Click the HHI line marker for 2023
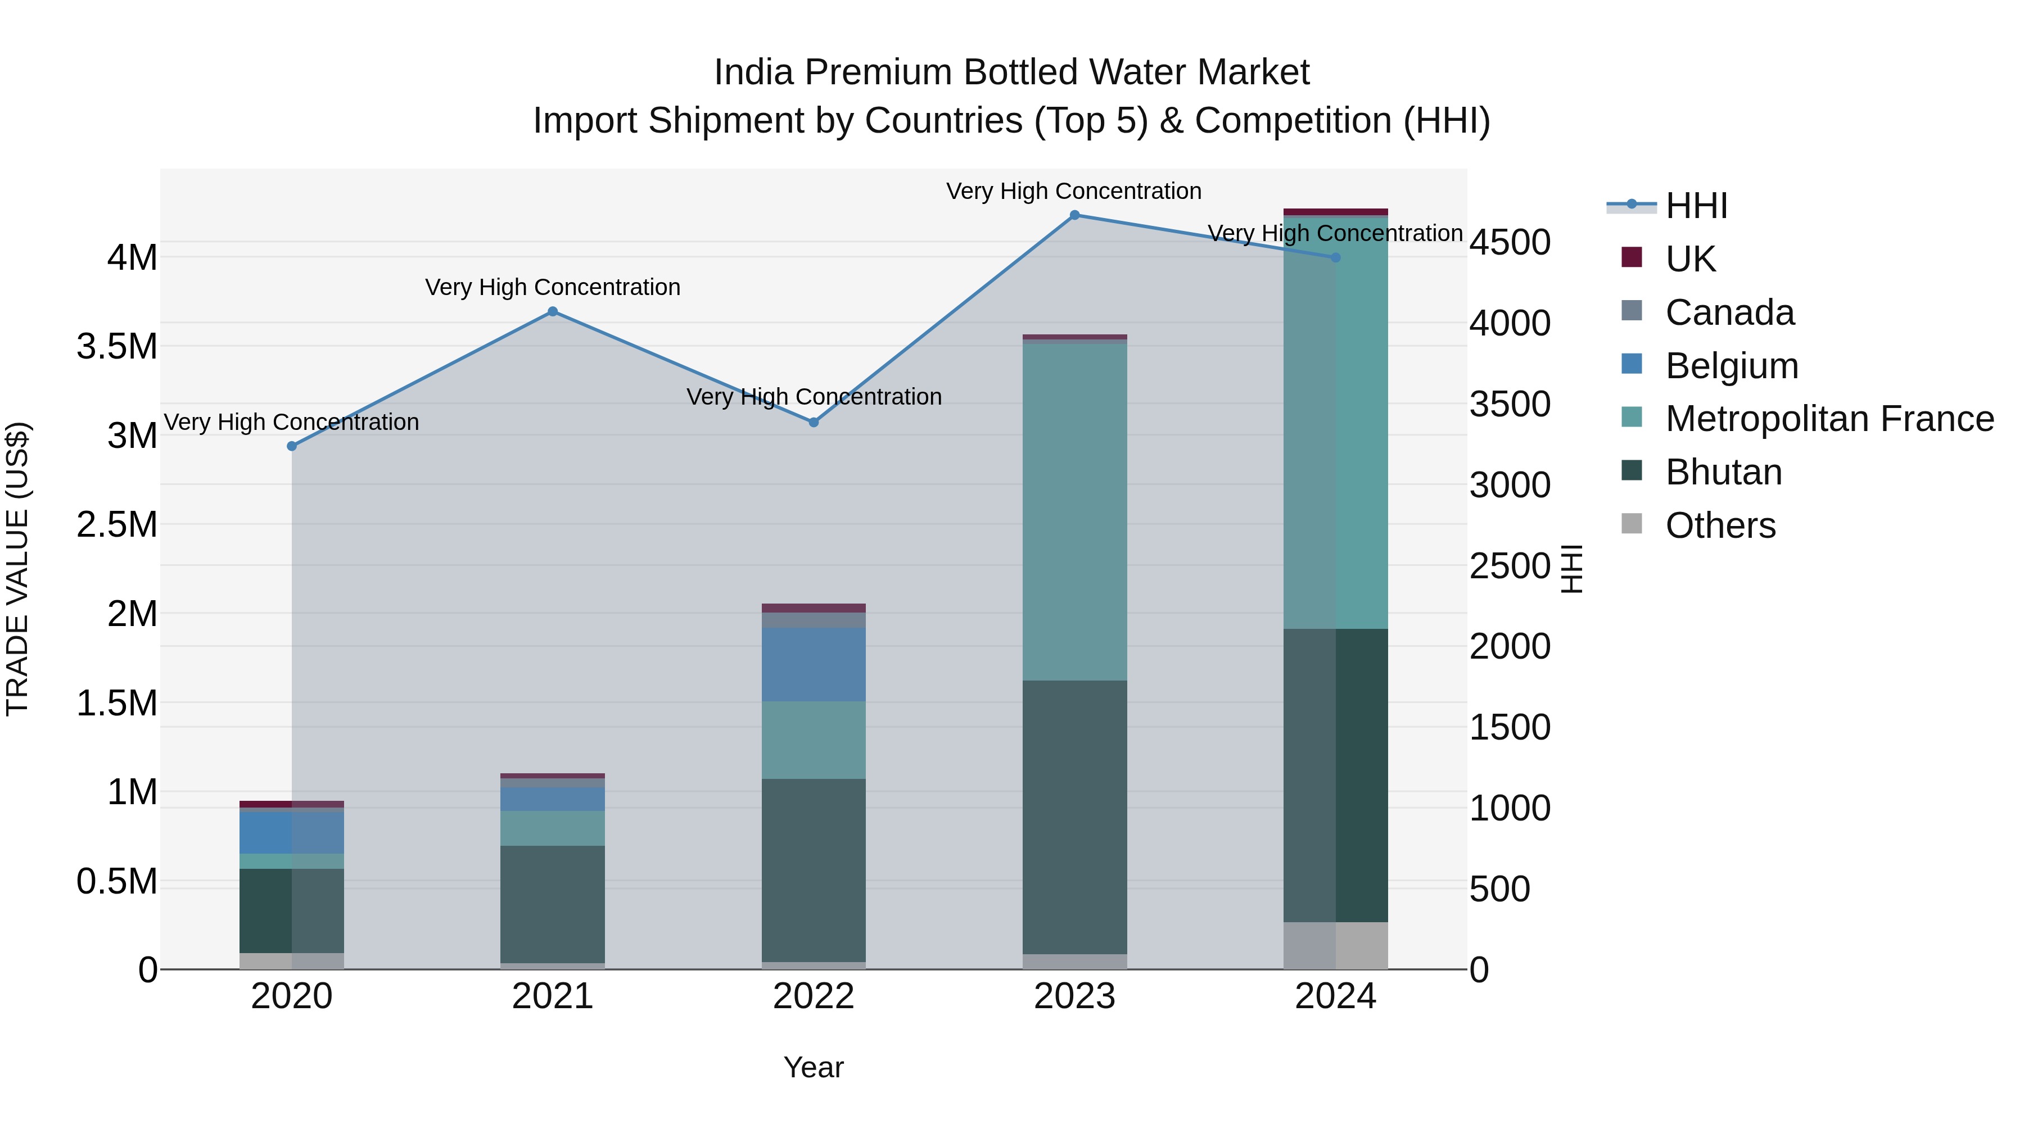tap(1074, 215)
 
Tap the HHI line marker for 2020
tap(291, 446)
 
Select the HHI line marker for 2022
tap(813, 423)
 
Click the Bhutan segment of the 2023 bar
tap(1074, 817)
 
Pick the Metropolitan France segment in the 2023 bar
tap(1074, 510)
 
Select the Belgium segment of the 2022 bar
tap(813, 664)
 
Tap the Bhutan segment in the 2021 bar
tap(552, 903)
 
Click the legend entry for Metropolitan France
tap(1829, 419)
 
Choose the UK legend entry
tap(1690, 259)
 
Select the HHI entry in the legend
tap(1696, 206)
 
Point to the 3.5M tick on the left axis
tap(117, 346)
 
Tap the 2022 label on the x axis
tap(813, 996)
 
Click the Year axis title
tap(813, 1067)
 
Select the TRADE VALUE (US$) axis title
tap(17, 569)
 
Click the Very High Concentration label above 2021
tap(552, 287)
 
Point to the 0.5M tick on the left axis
tap(117, 882)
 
